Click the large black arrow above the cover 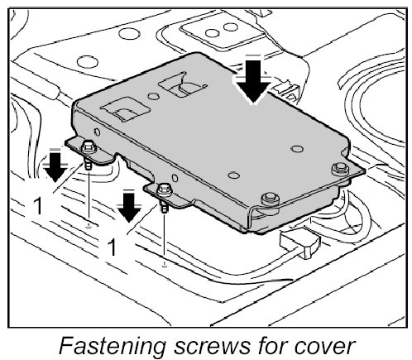253,81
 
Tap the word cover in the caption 323,347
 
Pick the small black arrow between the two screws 129,207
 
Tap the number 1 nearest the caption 112,247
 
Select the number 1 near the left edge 38,206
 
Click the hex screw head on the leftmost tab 89,147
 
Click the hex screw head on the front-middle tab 164,190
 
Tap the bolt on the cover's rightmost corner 339,169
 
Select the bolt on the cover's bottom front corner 270,199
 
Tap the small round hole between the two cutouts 154,96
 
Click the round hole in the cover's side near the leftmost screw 97,132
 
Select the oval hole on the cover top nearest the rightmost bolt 297,149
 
